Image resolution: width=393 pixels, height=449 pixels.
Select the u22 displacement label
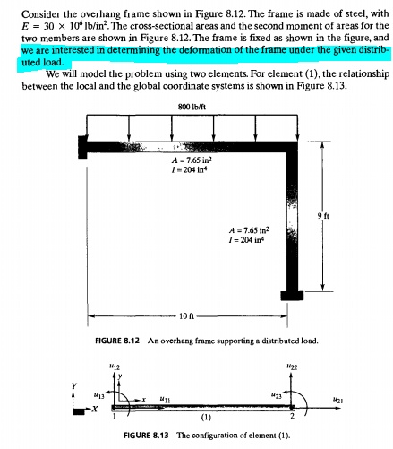point(294,367)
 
